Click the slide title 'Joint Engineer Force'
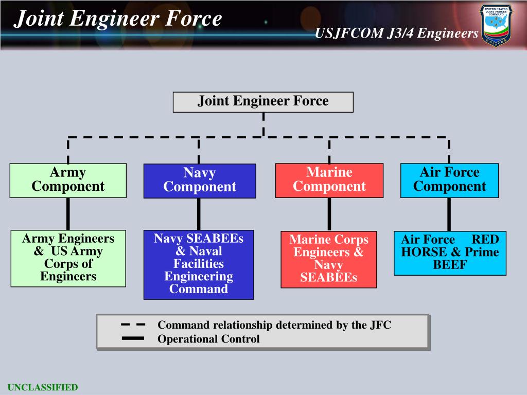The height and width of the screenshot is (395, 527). click(x=118, y=19)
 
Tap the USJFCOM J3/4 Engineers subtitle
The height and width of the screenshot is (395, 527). click(x=397, y=33)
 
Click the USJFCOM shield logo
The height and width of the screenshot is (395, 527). click(x=496, y=25)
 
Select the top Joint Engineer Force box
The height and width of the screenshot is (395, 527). click(x=263, y=101)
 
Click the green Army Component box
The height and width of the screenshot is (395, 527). click(x=68, y=180)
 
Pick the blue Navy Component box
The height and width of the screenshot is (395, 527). click(x=200, y=181)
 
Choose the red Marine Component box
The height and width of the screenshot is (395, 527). click(x=329, y=180)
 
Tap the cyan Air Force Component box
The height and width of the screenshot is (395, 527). click(x=449, y=180)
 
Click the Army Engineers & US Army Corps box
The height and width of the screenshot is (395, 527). click(x=68, y=258)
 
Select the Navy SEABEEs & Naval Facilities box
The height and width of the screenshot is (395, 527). click(x=199, y=264)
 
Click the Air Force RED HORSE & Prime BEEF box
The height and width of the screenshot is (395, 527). click(x=450, y=253)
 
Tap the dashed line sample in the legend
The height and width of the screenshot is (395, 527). click(x=133, y=325)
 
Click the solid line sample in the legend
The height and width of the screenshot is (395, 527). click(x=133, y=339)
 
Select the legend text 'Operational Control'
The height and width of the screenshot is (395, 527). click(x=208, y=339)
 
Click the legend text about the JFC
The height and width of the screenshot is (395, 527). click(x=274, y=325)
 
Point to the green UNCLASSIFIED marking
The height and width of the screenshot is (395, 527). click(x=42, y=387)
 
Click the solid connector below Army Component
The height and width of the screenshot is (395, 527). click(x=68, y=213)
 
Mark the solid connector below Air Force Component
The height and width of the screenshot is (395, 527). click(x=449, y=214)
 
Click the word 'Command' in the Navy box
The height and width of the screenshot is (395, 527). click(x=199, y=289)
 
